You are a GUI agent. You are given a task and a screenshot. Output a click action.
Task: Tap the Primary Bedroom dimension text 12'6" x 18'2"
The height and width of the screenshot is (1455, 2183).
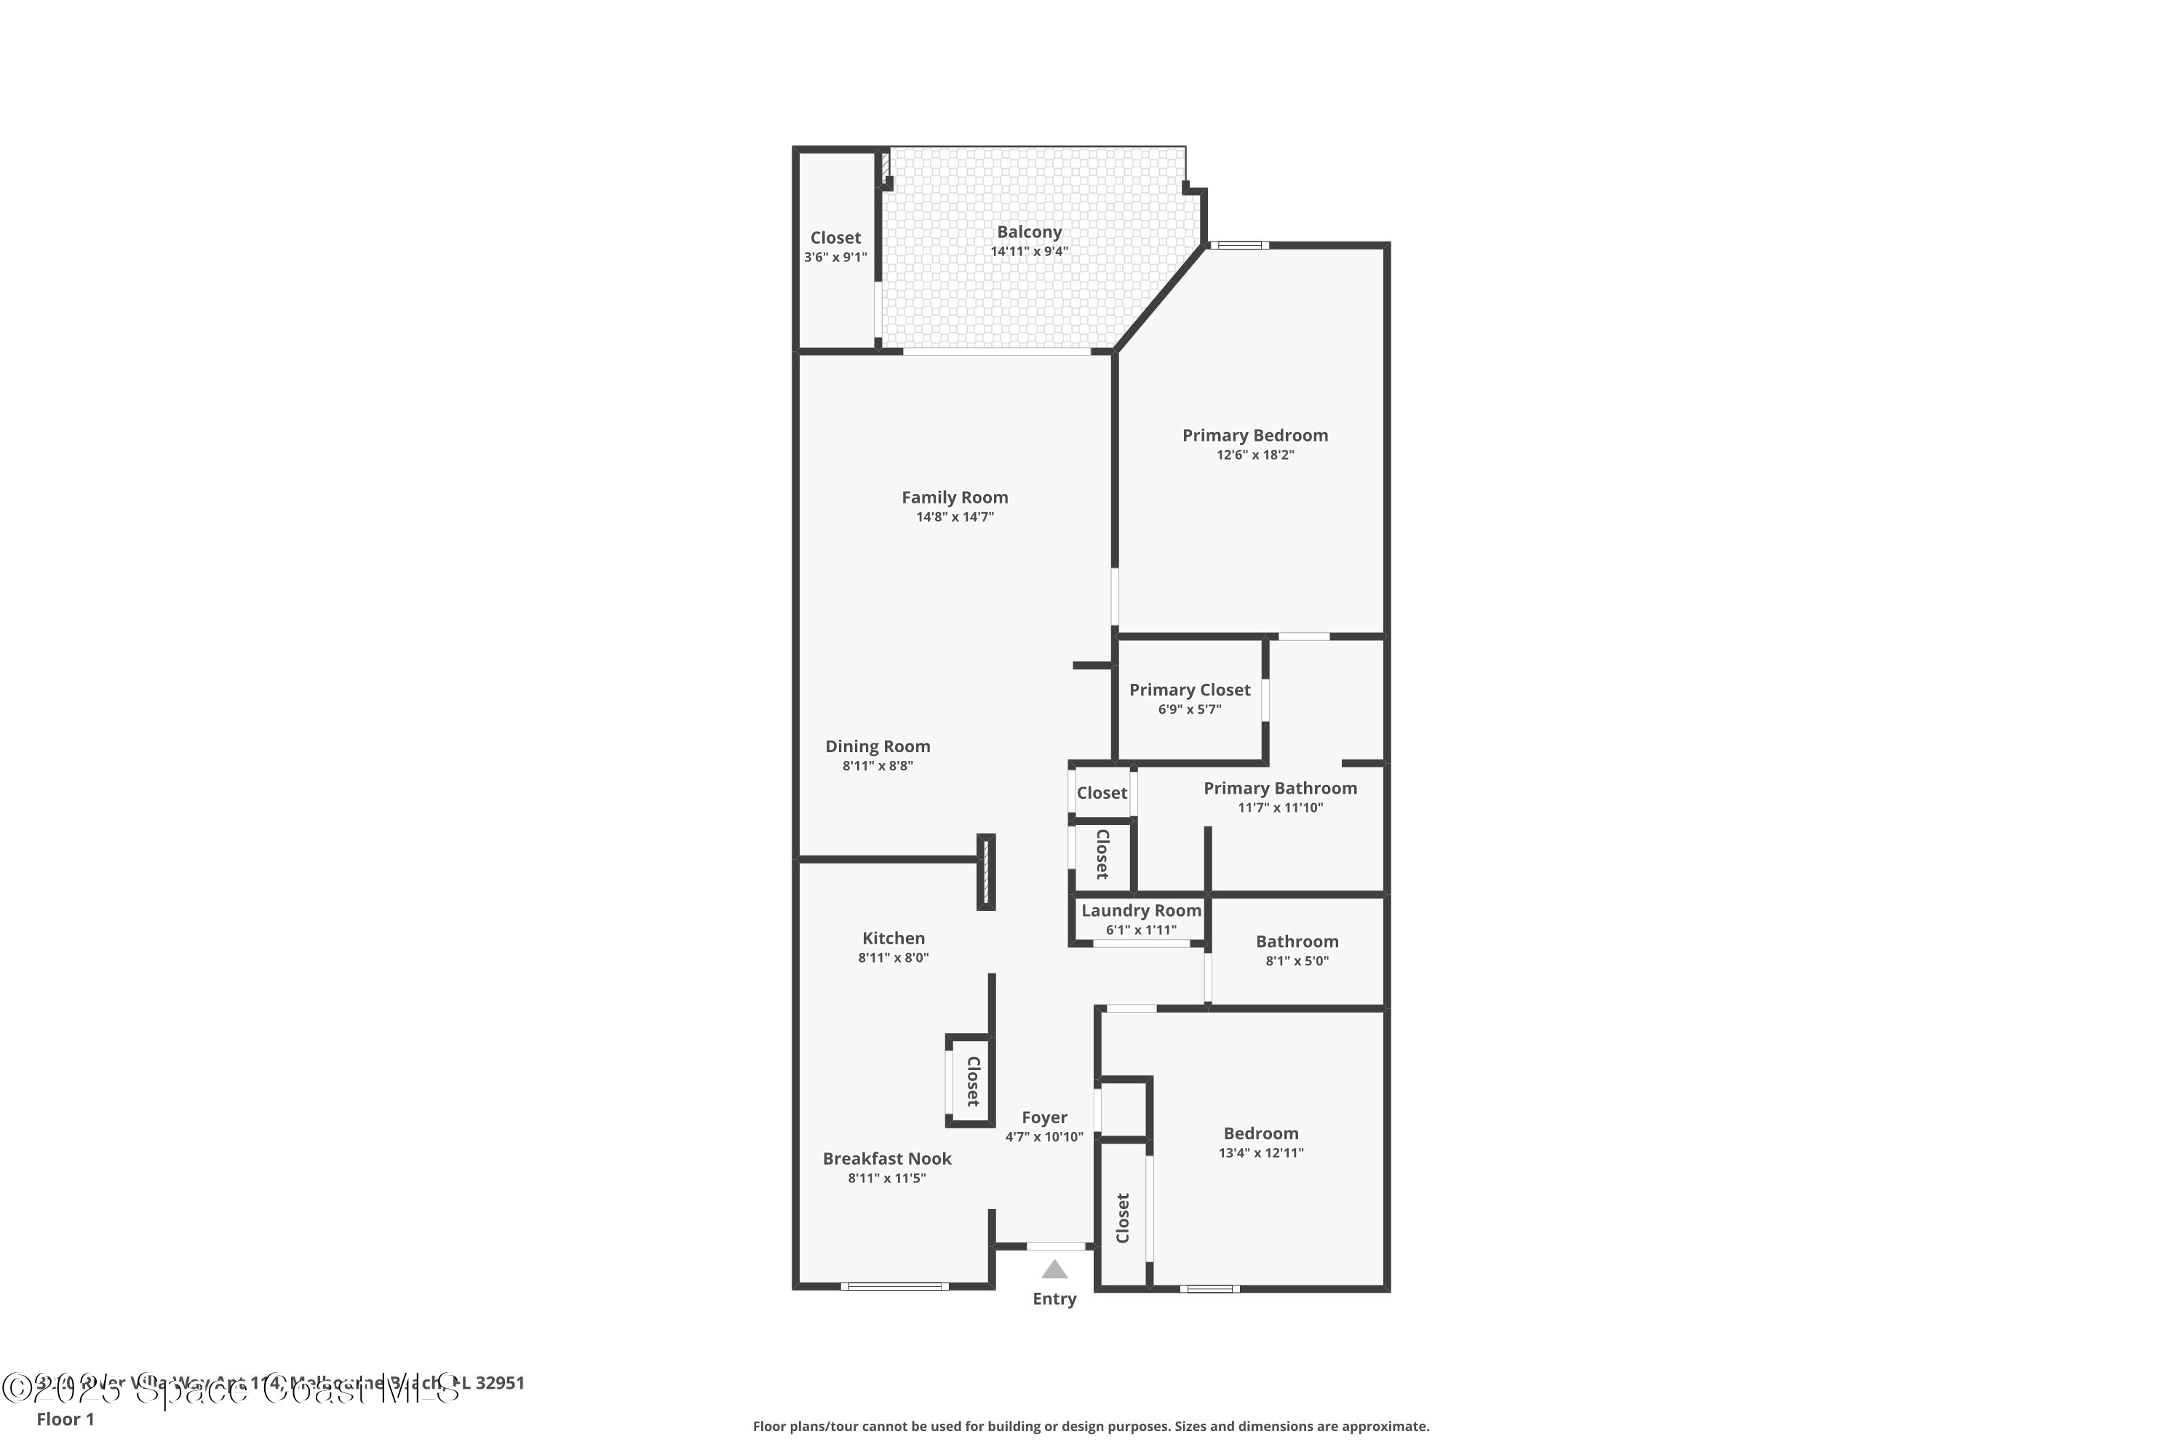point(1254,455)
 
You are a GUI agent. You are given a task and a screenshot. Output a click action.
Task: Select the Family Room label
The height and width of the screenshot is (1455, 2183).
point(954,498)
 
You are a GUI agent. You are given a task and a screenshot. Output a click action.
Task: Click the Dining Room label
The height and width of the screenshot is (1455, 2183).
point(877,746)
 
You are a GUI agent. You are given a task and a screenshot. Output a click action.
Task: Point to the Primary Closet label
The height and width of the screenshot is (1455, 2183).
point(1189,690)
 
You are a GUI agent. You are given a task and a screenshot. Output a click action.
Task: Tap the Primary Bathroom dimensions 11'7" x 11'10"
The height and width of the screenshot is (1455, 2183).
point(1280,808)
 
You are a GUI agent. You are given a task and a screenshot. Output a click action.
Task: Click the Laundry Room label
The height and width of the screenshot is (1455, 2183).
point(1141,910)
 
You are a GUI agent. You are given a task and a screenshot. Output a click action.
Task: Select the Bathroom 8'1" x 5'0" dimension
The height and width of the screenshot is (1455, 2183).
point(1297,960)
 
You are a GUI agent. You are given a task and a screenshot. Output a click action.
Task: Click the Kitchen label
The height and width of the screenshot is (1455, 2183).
point(893,938)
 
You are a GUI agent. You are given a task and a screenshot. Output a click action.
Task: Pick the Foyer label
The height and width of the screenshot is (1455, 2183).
point(1044,1117)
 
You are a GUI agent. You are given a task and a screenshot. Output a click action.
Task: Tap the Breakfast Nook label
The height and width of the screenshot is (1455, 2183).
point(886,1158)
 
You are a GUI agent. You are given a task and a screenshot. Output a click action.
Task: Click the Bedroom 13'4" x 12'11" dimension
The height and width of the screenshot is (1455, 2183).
point(1260,1152)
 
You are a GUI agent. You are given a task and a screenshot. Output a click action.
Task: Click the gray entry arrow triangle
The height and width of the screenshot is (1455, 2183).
point(1054,1269)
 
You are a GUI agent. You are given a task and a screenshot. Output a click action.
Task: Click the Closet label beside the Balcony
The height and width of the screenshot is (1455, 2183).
point(835,238)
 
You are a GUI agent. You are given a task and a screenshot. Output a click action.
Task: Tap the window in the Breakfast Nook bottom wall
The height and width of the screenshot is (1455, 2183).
point(894,1286)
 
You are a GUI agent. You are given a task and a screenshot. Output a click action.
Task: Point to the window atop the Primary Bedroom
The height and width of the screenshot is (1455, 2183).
point(1239,245)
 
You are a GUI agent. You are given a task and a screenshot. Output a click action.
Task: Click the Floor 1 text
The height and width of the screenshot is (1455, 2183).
point(65,1419)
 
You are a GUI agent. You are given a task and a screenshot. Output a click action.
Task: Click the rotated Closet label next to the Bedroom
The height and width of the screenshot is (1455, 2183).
point(1122,1217)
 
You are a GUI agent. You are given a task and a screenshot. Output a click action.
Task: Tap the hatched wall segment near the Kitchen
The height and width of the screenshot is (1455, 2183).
point(986,872)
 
